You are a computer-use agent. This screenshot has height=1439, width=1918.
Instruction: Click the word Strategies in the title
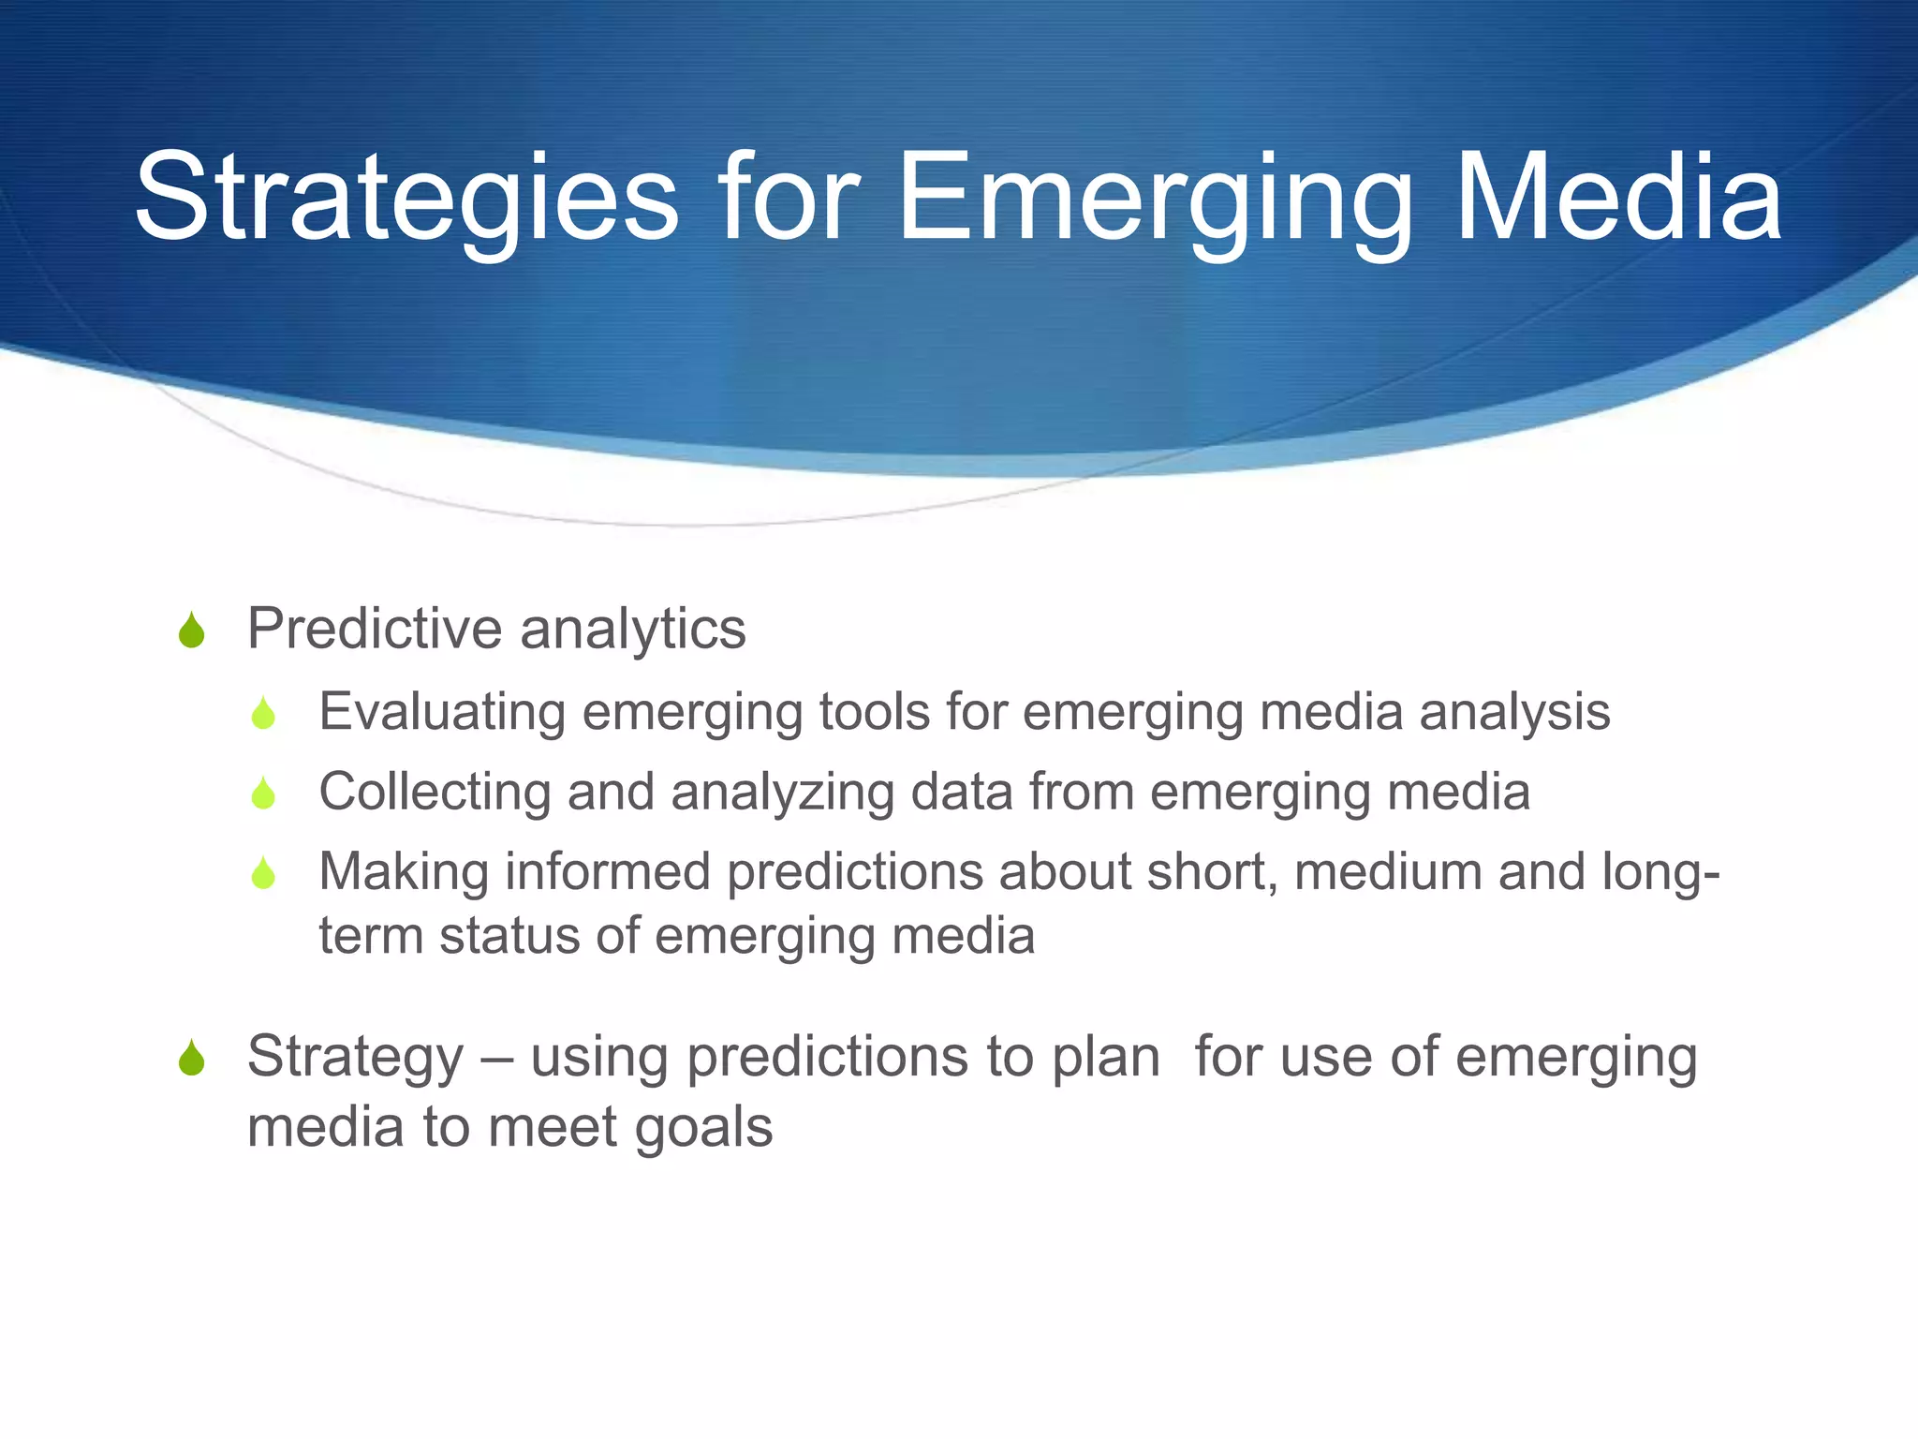(406, 199)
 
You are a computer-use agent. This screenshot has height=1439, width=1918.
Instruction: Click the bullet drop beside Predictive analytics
(191, 630)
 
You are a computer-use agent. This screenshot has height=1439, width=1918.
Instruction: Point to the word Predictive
(375, 628)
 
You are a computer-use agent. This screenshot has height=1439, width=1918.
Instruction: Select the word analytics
(633, 630)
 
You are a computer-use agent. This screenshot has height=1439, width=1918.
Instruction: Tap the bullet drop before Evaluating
(263, 714)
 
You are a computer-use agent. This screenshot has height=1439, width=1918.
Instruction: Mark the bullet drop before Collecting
(263, 794)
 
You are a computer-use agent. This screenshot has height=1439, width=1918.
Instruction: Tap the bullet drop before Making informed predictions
(263, 873)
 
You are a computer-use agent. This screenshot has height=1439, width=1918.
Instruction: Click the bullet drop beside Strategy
(191, 1059)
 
